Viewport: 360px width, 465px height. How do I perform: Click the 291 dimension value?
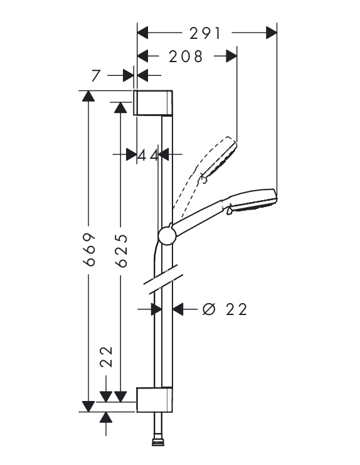click(205, 33)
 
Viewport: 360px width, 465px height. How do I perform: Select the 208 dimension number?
click(186, 56)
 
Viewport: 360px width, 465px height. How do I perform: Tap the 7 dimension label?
click(96, 76)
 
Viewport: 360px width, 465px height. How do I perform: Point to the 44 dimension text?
click(148, 155)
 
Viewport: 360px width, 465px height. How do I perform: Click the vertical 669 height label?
click(89, 249)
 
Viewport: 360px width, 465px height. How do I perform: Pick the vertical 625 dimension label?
click(122, 250)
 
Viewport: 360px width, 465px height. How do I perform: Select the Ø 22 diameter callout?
click(225, 309)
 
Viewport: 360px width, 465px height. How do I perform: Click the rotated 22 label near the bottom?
click(107, 357)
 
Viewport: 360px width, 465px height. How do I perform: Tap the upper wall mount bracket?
click(153, 102)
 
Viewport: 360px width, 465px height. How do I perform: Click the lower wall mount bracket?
click(154, 400)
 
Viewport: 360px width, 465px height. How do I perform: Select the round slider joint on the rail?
click(167, 236)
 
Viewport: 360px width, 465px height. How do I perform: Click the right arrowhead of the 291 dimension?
click(271, 33)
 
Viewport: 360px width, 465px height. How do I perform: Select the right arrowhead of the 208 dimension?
click(231, 56)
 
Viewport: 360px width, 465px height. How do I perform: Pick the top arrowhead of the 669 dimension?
click(88, 96)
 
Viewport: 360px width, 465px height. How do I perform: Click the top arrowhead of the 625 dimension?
click(120, 107)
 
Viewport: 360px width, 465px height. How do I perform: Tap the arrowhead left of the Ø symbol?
click(178, 309)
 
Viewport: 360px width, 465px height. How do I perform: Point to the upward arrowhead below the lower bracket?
click(106, 417)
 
